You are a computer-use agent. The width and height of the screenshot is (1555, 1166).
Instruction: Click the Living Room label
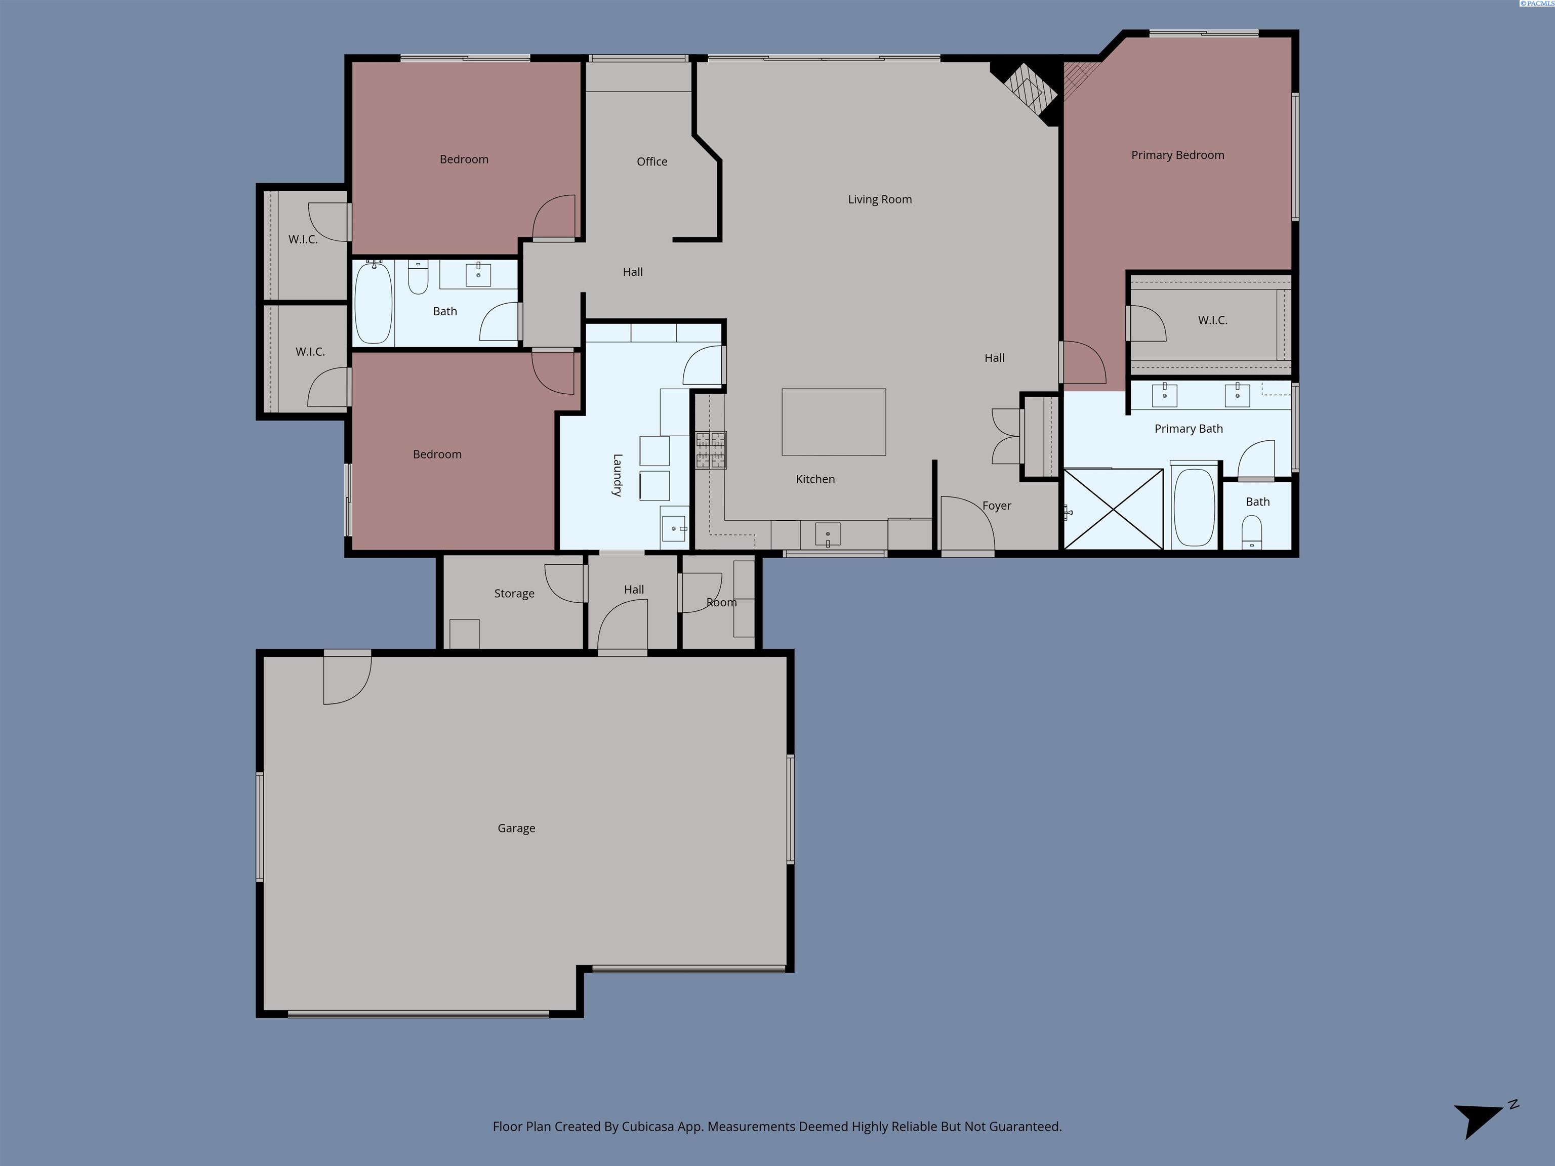click(879, 199)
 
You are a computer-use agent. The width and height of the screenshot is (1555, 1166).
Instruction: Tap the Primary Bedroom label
click(1177, 155)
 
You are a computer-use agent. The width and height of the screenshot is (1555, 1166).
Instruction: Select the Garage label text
click(516, 828)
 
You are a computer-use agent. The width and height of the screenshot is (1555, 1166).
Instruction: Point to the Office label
click(651, 161)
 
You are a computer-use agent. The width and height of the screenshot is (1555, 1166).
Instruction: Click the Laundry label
click(617, 475)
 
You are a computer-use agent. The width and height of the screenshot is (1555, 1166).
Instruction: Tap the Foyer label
click(996, 506)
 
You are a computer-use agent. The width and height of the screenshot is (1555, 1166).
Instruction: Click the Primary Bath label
click(1188, 429)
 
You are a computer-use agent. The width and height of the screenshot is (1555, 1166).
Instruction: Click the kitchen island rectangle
click(834, 422)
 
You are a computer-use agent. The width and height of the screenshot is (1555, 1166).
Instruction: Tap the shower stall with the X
click(1114, 508)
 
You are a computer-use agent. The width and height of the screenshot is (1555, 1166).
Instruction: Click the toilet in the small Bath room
click(1251, 532)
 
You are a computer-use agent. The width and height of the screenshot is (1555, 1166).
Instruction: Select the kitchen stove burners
click(711, 450)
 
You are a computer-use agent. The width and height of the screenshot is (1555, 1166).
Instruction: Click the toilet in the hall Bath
click(418, 276)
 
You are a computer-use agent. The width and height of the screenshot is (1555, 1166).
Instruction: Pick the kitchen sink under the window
click(828, 534)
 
